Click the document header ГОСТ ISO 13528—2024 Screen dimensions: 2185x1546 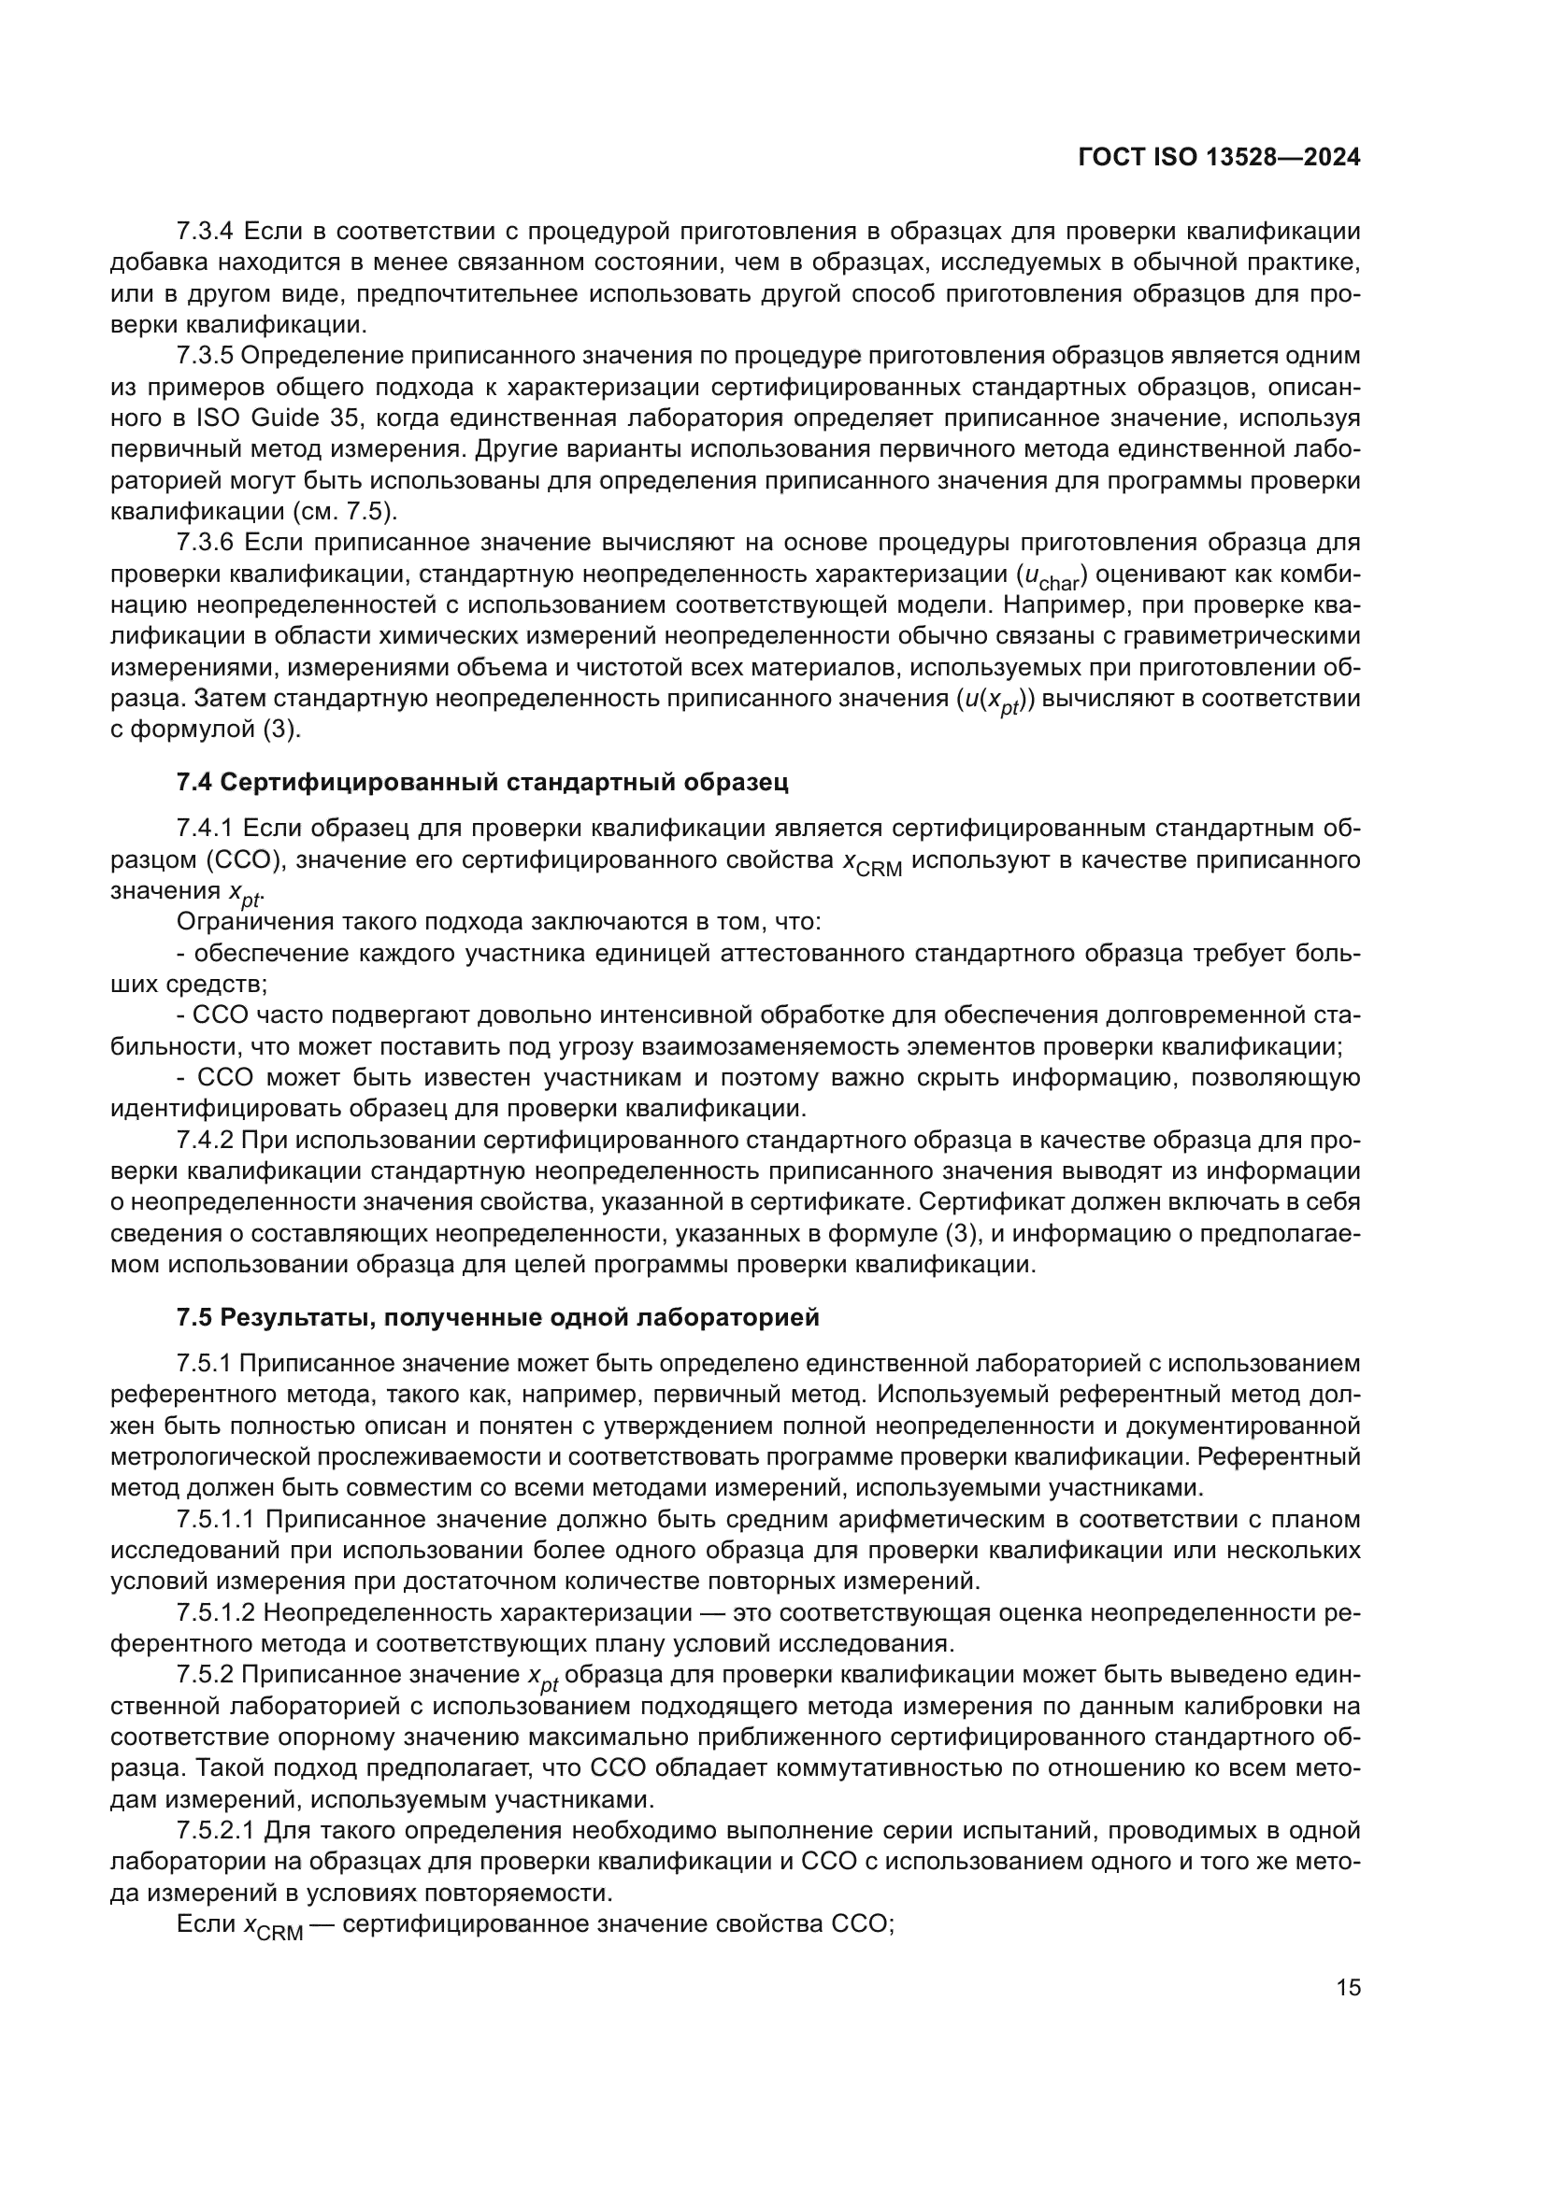pyautogui.click(x=1220, y=158)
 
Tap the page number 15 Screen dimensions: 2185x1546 pyautogui.click(x=1348, y=1988)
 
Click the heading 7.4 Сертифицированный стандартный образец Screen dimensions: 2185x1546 pyautogui.click(x=482, y=782)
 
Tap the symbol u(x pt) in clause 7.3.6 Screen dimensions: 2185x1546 pyautogui.click(x=996, y=701)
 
